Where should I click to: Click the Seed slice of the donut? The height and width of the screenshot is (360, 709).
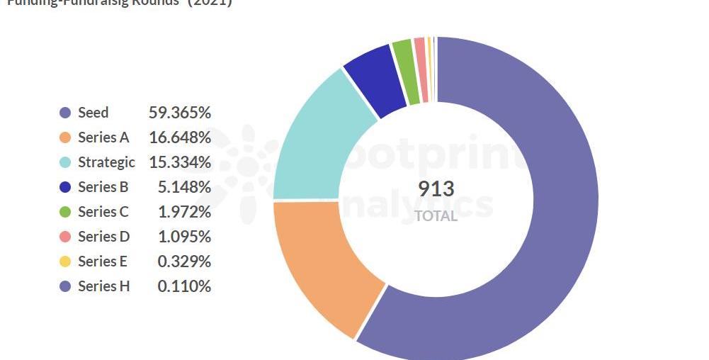click(x=560, y=213)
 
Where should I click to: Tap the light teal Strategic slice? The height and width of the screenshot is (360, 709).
click(x=319, y=142)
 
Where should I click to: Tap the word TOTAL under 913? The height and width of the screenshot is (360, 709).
click(x=436, y=215)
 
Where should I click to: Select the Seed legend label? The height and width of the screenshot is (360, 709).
click(x=93, y=113)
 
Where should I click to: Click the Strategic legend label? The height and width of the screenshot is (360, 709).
click(x=106, y=162)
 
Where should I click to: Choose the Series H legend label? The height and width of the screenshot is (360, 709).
click(x=103, y=286)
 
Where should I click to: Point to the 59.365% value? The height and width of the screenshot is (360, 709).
click(x=180, y=113)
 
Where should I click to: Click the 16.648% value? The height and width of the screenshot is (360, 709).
click(x=180, y=137)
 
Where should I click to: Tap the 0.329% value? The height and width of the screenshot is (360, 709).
click(x=184, y=261)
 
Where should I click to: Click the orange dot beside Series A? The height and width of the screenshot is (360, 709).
click(x=65, y=137)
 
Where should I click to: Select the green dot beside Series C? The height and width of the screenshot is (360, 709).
click(x=65, y=212)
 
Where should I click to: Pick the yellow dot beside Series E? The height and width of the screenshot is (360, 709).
click(x=65, y=261)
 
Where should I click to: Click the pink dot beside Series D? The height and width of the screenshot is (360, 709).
click(x=65, y=237)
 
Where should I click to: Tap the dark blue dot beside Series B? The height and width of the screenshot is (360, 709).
click(x=65, y=187)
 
